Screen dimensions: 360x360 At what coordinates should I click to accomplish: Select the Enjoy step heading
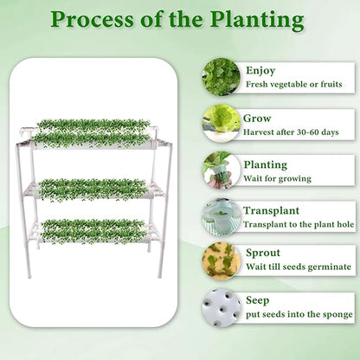[x=260, y=70]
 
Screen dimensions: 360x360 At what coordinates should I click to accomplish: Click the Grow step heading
[x=257, y=118]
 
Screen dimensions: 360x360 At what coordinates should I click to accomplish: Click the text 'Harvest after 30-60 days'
[x=294, y=132]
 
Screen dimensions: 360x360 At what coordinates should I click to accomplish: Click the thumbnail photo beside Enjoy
[x=220, y=76]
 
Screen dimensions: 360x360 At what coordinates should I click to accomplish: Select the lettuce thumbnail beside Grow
[x=220, y=123]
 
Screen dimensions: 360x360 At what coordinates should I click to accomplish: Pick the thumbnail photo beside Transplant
[x=220, y=215]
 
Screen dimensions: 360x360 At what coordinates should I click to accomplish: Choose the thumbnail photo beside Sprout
[x=220, y=261]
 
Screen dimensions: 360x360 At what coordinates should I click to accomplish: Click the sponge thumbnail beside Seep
[x=220, y=308]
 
